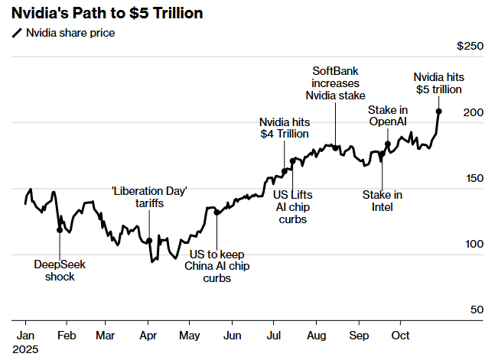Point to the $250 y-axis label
pyautogui.click(x=470, y=47)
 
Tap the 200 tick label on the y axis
pyautogui.click(x=475, y=112)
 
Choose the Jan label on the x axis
pyautogui.click(x=24, y=335)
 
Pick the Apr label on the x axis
pyautogui.click(x=148, y=335)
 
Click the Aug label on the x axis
pyautogui.click(x=315, y=335)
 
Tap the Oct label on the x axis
pyautogui.click(x=399, y=335)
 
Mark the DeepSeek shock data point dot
pyautogui.click(x=60, y=229)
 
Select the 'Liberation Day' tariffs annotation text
pyautogui.click(x=149, y=197)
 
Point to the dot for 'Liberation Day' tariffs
pyautogui.click(x=149, y=241)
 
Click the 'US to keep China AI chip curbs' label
pyautogui.click(x=217, y=266)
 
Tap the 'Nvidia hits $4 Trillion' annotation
pyautogui.click(x=284, y=128)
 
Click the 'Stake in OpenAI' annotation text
pyautogui.click(x=388, y=117)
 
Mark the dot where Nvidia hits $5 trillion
pyautogui.click(x=438, y=111)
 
